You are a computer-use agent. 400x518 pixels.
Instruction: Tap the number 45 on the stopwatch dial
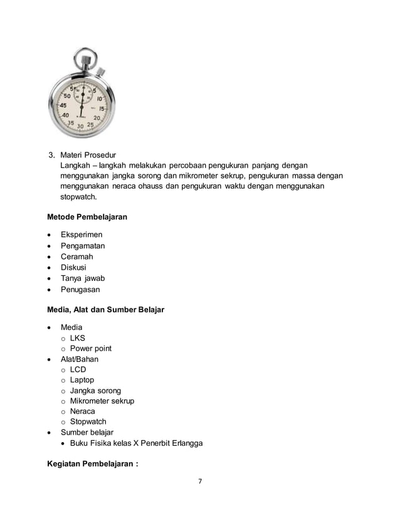coord(63,105)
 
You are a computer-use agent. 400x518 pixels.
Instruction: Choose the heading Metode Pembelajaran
coord(87,217)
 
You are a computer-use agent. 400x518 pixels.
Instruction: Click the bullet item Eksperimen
coord(82,235)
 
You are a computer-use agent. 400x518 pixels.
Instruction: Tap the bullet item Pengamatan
coord(83,246)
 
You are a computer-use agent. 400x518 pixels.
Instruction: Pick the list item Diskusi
coord(73,268)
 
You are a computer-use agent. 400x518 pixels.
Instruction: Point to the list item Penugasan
coord(80,290)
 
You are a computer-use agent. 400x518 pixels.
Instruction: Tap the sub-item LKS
coord(77,338)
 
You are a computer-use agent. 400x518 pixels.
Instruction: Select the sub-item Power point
coord(91,349)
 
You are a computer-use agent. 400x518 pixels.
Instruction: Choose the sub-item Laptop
coord(82,380)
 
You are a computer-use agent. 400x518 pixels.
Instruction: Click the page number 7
coord(200,482)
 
